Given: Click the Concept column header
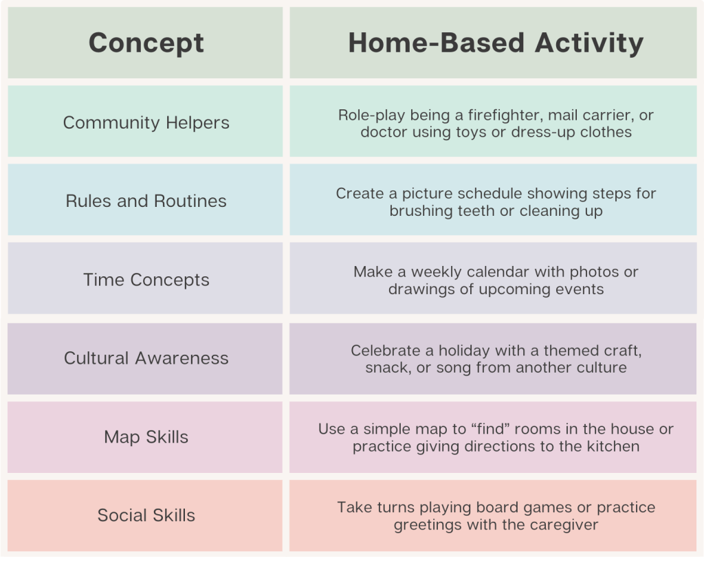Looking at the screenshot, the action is click(x=146, y=43).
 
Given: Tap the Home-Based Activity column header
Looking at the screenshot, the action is click(x=496, y=43).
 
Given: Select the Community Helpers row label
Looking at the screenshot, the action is click(x=146, y=122).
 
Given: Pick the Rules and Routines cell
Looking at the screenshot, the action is click(x=146, y=201).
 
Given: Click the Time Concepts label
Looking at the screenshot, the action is click(x=146, y=280).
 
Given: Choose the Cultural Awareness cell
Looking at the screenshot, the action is click(x=146, y=358).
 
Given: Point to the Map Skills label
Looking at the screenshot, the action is click(x=146, y=437).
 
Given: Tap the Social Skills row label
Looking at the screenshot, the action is click(x=146, y=516).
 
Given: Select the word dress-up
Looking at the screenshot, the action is click(x=543, y=133).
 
